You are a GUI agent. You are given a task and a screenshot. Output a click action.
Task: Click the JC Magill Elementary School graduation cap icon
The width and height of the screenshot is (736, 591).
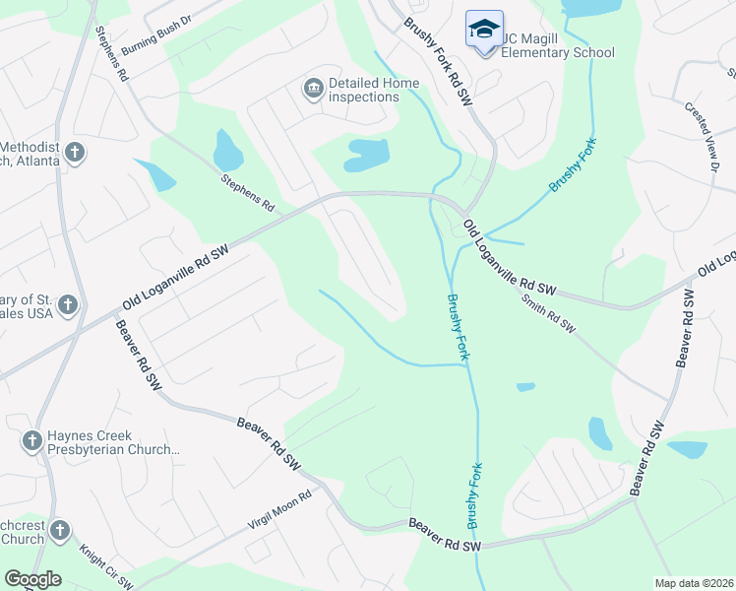[484, 29]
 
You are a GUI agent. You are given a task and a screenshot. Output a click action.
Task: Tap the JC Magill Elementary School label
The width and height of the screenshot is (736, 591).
[558, 45]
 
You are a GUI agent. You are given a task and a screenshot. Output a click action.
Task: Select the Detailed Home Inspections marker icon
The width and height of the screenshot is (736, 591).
[313, 90]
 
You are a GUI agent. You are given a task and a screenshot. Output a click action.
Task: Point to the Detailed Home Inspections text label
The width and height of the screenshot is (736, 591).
[374, 90]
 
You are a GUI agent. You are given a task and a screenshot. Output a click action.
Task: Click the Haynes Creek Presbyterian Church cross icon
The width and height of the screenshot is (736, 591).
[31, 441]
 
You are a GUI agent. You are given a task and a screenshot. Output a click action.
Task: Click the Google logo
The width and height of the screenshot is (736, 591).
[32, 579]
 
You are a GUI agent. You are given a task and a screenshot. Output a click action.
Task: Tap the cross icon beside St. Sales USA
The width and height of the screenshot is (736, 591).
[68, 305]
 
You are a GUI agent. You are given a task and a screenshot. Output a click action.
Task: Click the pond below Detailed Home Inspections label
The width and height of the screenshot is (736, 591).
[366, 155]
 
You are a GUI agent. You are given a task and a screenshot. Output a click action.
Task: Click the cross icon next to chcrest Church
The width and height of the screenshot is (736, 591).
[59, 532]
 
